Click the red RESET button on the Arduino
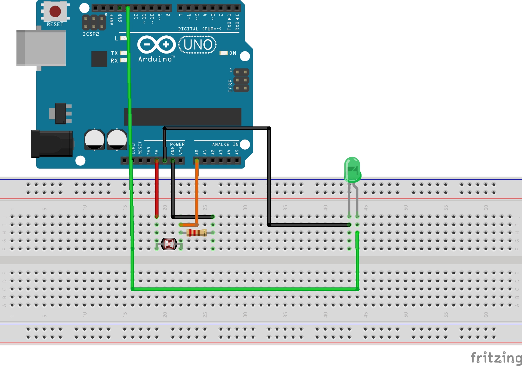[x=55, y=11]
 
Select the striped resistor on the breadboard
[x=197, y=233]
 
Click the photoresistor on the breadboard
[x=169, y=244]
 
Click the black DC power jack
[x=52, y=144]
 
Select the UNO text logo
[x=197, y=45]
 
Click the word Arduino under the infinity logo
[x=155, y=59]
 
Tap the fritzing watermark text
[x=496, y=357]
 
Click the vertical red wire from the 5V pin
[x=157, y=189]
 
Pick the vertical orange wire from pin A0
[x=197, y=190]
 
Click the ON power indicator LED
[x=223, y=53]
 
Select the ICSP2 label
[x=91, y=34]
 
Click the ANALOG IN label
[x=225, y=144]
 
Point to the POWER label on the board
[x=177, y=144]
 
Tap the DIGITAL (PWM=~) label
[x=200, y=29]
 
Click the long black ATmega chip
[x=183, y=117]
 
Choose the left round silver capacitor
[x=94, y=139]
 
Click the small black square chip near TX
[x=99, y=59]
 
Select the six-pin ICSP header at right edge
[x=241, y=80]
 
